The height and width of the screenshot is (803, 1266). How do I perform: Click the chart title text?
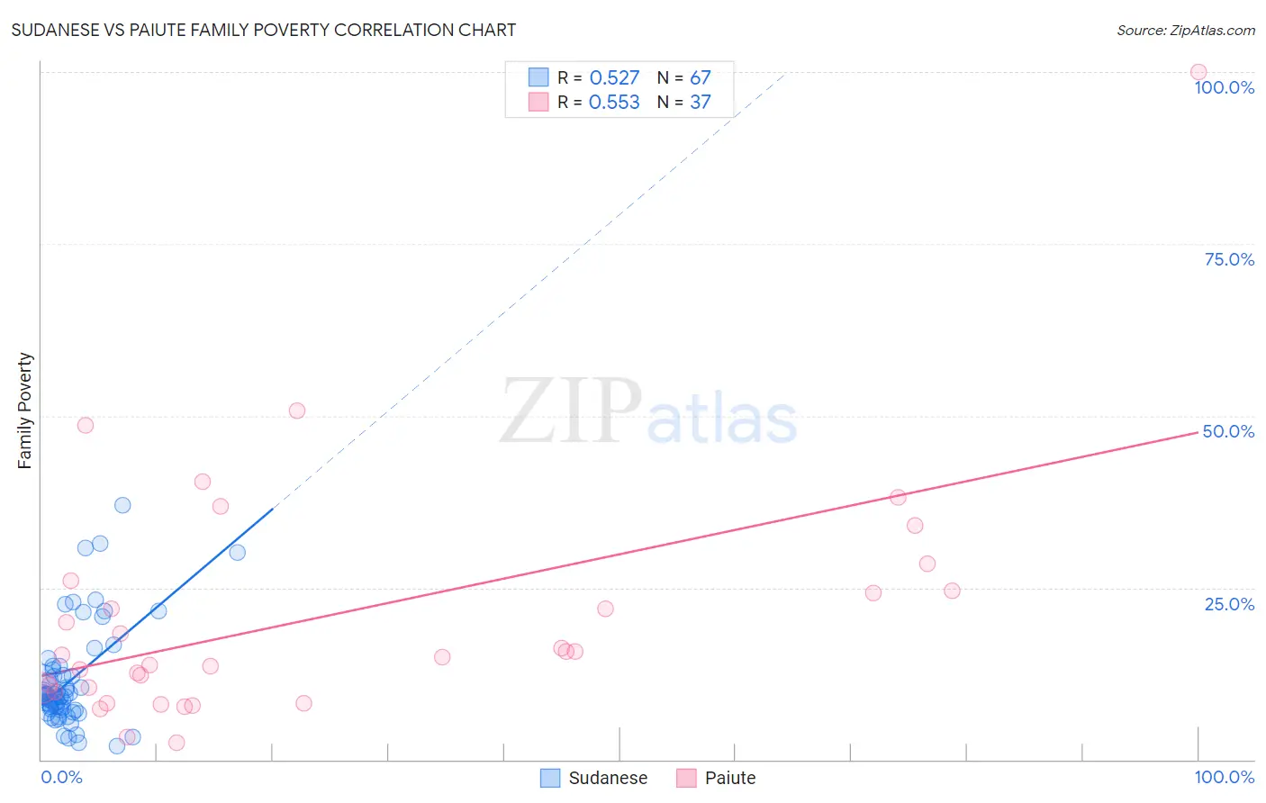pyautogui.click(x=263, y=30)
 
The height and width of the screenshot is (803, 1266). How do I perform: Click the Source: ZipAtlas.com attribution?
pyautogui.click(x=1185, y=30)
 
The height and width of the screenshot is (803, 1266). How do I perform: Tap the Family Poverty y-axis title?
pyautogui.click(x=24, y=410)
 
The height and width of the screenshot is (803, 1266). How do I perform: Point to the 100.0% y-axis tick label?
pyautogui.click(x=1224, y=87)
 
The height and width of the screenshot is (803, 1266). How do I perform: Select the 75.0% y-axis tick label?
pyautogui.click(x=1229, y=259)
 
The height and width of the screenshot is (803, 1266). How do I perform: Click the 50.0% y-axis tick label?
pyautogui.click(x=1228, y=431)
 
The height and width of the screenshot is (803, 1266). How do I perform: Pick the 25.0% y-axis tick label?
pyautogui.click(x=1229, y=603)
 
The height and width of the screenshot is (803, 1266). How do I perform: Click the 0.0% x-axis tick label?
pyautogui.click(x=61, y=777)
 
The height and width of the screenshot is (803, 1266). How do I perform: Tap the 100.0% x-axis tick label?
pyautogui.click(x=1224, y=777)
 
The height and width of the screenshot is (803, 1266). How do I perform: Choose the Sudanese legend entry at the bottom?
pyautogui.click(x=594, y=778)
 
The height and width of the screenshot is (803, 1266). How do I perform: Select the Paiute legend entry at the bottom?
pyautogui.click(x=717, y=778)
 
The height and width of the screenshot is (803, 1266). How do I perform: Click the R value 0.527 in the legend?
pyautogui.click(x=614, y=78)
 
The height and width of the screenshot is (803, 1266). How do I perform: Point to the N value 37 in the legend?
pyautogui.click(x=700, y=103)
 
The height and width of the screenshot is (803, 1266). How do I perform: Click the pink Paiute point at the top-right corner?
pyautogui.click(x=1198, y=72)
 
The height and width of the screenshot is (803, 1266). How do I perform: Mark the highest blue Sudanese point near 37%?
pyautogui.click(x=122, y=505)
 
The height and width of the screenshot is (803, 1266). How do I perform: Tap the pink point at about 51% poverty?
pyautogui.click(x=297, y=411)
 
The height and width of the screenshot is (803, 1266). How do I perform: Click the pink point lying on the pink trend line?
pyautogui.click(x=898, y=497)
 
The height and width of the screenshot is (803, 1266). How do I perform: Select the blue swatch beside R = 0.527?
pyautogui.click(x=538, y=77)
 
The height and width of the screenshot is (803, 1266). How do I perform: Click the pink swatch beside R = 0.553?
pyautogui.click(x=538, y=102)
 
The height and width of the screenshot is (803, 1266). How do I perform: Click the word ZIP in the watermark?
pyautogui.click(x=570, y=411)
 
